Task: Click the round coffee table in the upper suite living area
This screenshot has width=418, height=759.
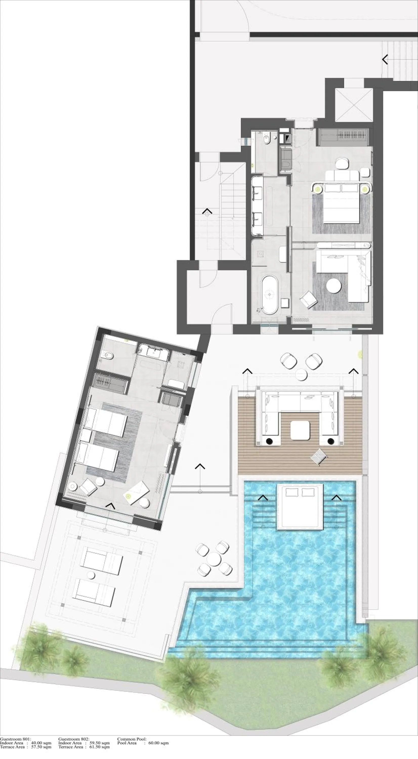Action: (334, 285)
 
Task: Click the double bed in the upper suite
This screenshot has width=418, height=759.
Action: (342, 203)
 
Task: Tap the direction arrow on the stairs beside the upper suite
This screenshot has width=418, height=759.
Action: (207, 212)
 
